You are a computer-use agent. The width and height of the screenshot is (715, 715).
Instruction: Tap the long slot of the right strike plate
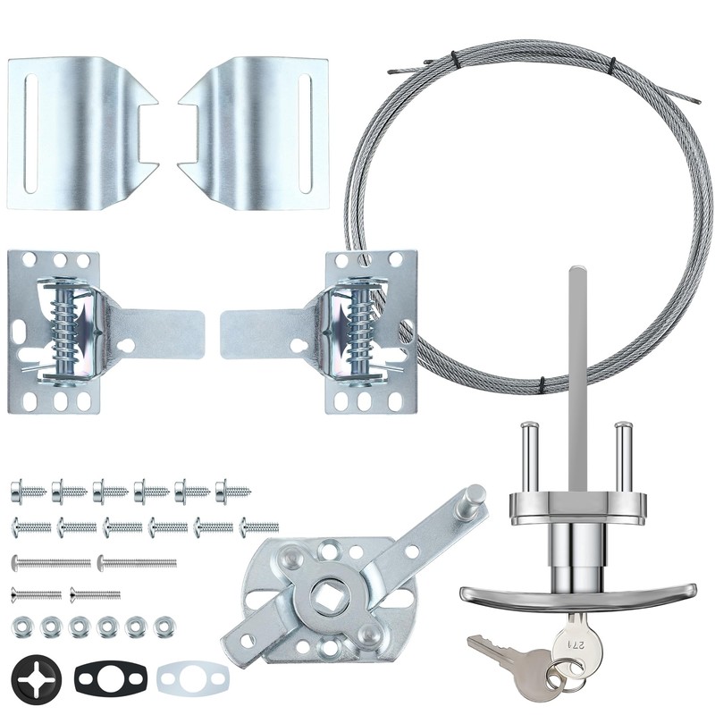point(305,133)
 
